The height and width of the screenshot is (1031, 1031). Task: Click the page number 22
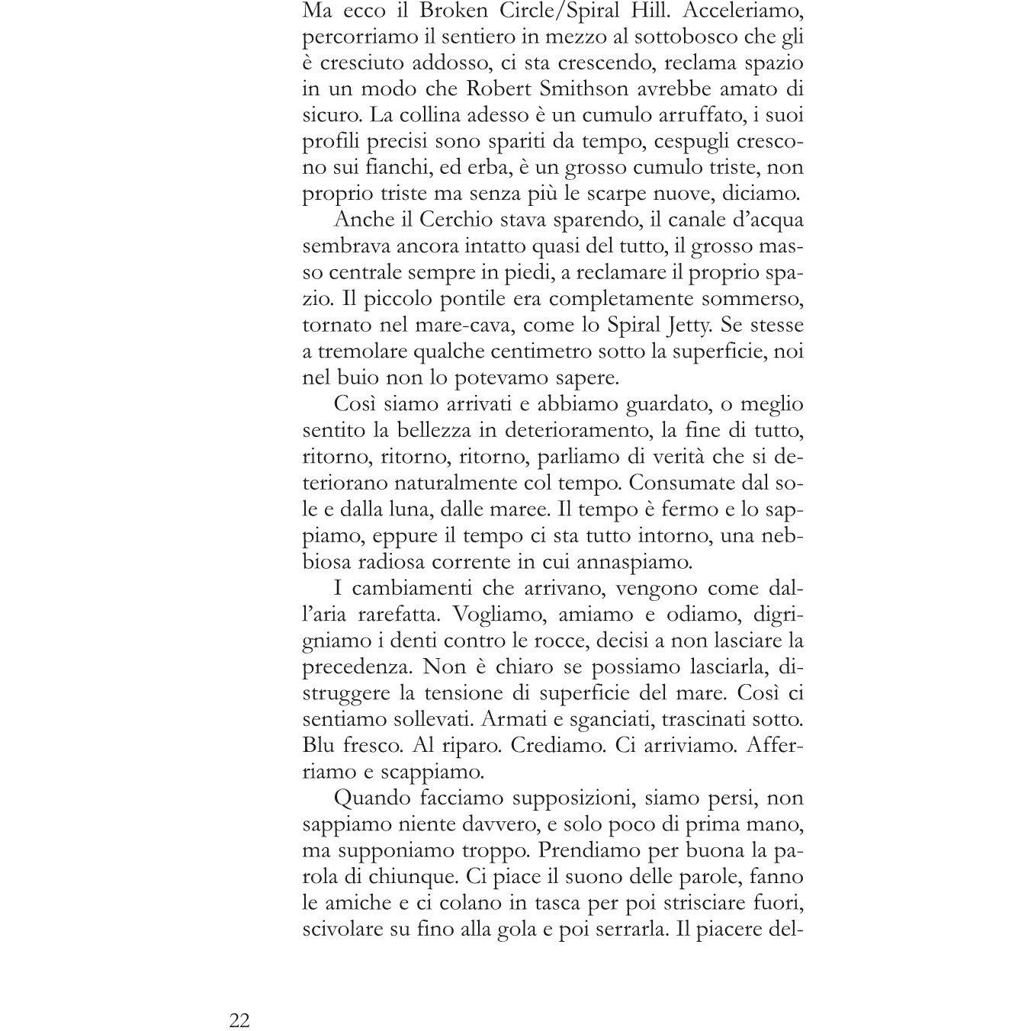click(239, 1020)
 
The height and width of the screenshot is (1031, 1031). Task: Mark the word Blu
click(320, 744)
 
